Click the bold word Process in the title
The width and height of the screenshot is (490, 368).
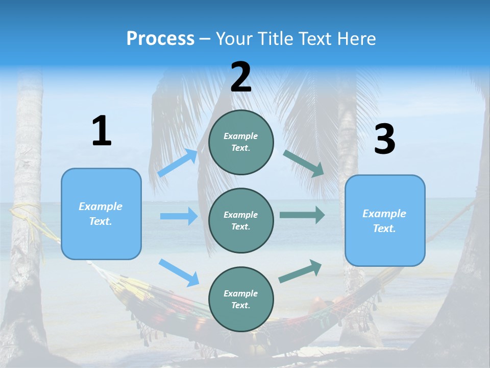click(160, 39)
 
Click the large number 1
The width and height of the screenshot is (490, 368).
click(102, 131)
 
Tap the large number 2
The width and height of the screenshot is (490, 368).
click(241, 77)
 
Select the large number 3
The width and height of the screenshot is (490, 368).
click(384, 140)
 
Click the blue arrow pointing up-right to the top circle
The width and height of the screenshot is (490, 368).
click(178, 163)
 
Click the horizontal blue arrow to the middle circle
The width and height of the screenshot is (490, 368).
click(179, 216)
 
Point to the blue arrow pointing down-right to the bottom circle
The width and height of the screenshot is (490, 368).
click(179, 272)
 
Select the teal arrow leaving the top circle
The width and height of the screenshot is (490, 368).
click(303, 164)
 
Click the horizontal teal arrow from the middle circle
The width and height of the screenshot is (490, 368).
click(302, 215)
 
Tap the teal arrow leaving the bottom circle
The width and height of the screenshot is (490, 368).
click(300, 271)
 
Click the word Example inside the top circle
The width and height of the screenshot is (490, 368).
click(240, 136)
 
